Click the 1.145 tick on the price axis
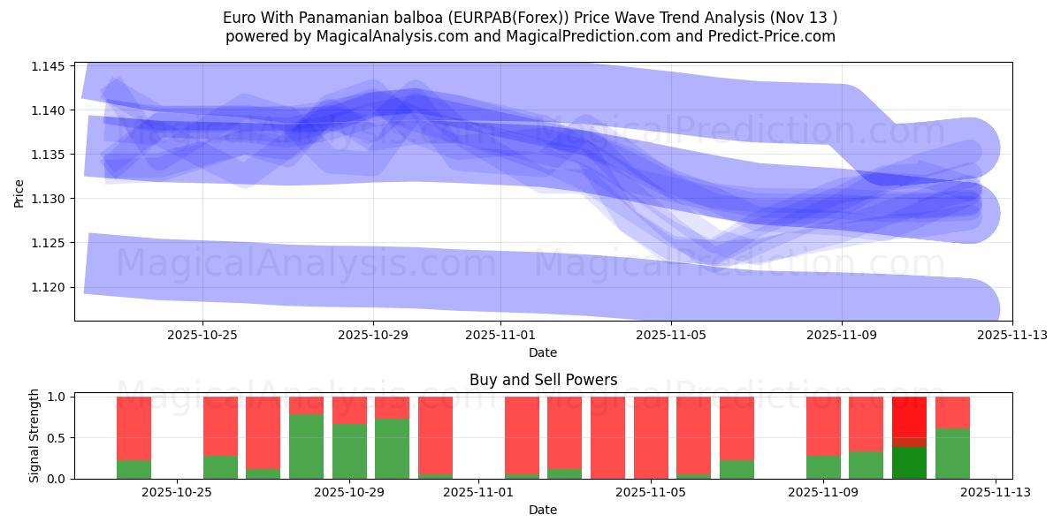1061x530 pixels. (50, 66)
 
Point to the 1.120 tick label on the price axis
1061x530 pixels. (50, 287)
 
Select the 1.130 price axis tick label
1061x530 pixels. (50, 199)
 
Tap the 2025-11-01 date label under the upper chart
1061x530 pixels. (500, 335)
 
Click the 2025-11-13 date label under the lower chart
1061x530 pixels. (996, 493)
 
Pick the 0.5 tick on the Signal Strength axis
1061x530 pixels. (56, 438)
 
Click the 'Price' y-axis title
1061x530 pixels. (19, 192)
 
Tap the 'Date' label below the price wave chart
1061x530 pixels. (542, 352)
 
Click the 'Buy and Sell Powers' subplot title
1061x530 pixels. (542, 380)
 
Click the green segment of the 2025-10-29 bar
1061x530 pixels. (349, 450)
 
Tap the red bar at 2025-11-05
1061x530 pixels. (651, 437)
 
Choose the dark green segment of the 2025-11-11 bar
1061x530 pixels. (909, 462)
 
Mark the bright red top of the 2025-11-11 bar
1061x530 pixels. (909, 415)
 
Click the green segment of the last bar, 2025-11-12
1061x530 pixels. (952, 453)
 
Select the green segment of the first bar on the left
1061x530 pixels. (134, 469)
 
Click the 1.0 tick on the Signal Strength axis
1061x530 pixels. (56, 397)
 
